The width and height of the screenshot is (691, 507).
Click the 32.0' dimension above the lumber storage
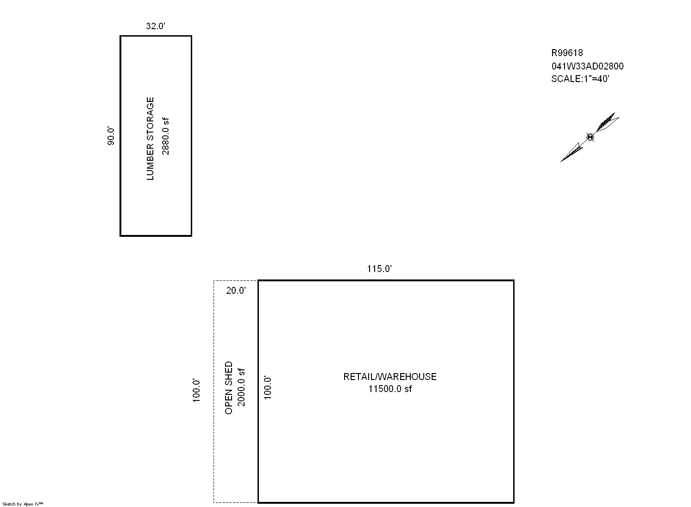click(156, 26)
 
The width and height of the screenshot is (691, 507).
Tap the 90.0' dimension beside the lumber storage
click(111, 136)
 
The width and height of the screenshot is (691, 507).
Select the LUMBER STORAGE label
click(150, 139)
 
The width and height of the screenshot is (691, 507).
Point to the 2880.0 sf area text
click(166, 136)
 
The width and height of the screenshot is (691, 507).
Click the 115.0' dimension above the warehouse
click(379, 269)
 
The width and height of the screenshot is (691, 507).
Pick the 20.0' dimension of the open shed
click(236, 291)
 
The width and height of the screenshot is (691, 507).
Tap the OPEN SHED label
click(229, 388)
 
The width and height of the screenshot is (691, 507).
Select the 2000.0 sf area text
click(241, 387)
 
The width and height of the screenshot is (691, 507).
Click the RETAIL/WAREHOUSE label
click(390, 377)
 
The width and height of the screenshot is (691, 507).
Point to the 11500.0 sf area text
click(390, 389)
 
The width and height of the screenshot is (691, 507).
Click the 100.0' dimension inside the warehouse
click(267, 388)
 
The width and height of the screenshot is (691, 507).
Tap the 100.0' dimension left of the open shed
click(196, 391)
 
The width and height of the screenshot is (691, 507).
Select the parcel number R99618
click(567, 53)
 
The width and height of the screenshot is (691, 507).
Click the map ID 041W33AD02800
click(587, 66)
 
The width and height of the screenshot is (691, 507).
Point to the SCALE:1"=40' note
click(580, 79)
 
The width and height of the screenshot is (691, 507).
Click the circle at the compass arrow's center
click(590, 137)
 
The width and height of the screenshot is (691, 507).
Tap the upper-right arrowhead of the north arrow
click(607, 122)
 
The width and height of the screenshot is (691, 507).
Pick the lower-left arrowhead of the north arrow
click(572, 152)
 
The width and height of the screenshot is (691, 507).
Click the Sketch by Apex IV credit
click(23, 504)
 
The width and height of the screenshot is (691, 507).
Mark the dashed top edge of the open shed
click(236, 281)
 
